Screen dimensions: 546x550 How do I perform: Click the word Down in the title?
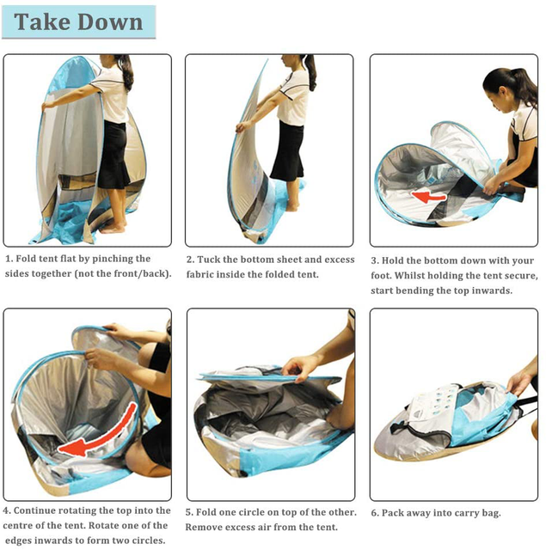110,21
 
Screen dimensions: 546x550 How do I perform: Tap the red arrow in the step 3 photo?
428,196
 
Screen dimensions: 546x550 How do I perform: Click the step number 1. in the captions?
9,259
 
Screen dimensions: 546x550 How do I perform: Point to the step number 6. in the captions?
375,513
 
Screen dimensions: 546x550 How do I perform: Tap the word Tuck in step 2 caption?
208,260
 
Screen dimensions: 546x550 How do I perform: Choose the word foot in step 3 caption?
380,275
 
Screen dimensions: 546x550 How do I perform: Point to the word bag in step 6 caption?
491,514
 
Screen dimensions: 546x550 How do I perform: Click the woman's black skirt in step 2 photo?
288,151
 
